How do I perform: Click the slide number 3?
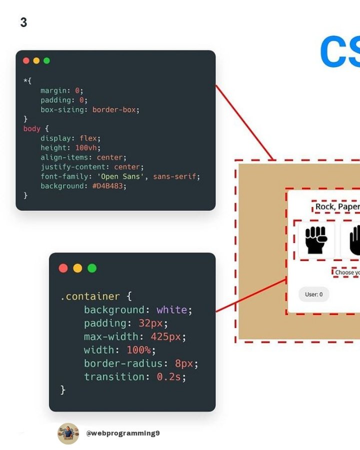click(23, 22)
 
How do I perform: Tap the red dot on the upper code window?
click(26, 60)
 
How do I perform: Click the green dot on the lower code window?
click(92, 268)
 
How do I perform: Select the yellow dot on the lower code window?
click(77, 268)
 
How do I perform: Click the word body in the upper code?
click(31, 128)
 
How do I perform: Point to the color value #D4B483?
click(109, 186)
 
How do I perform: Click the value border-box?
click(114, 109)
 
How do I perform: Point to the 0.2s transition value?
click(169, 377)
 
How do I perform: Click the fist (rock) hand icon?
click(316, 240)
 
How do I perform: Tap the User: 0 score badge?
click(313, 294)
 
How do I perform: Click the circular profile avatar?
click(68, 433)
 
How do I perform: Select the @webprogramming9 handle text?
click(123, 433)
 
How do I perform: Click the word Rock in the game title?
click(325, 207)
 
